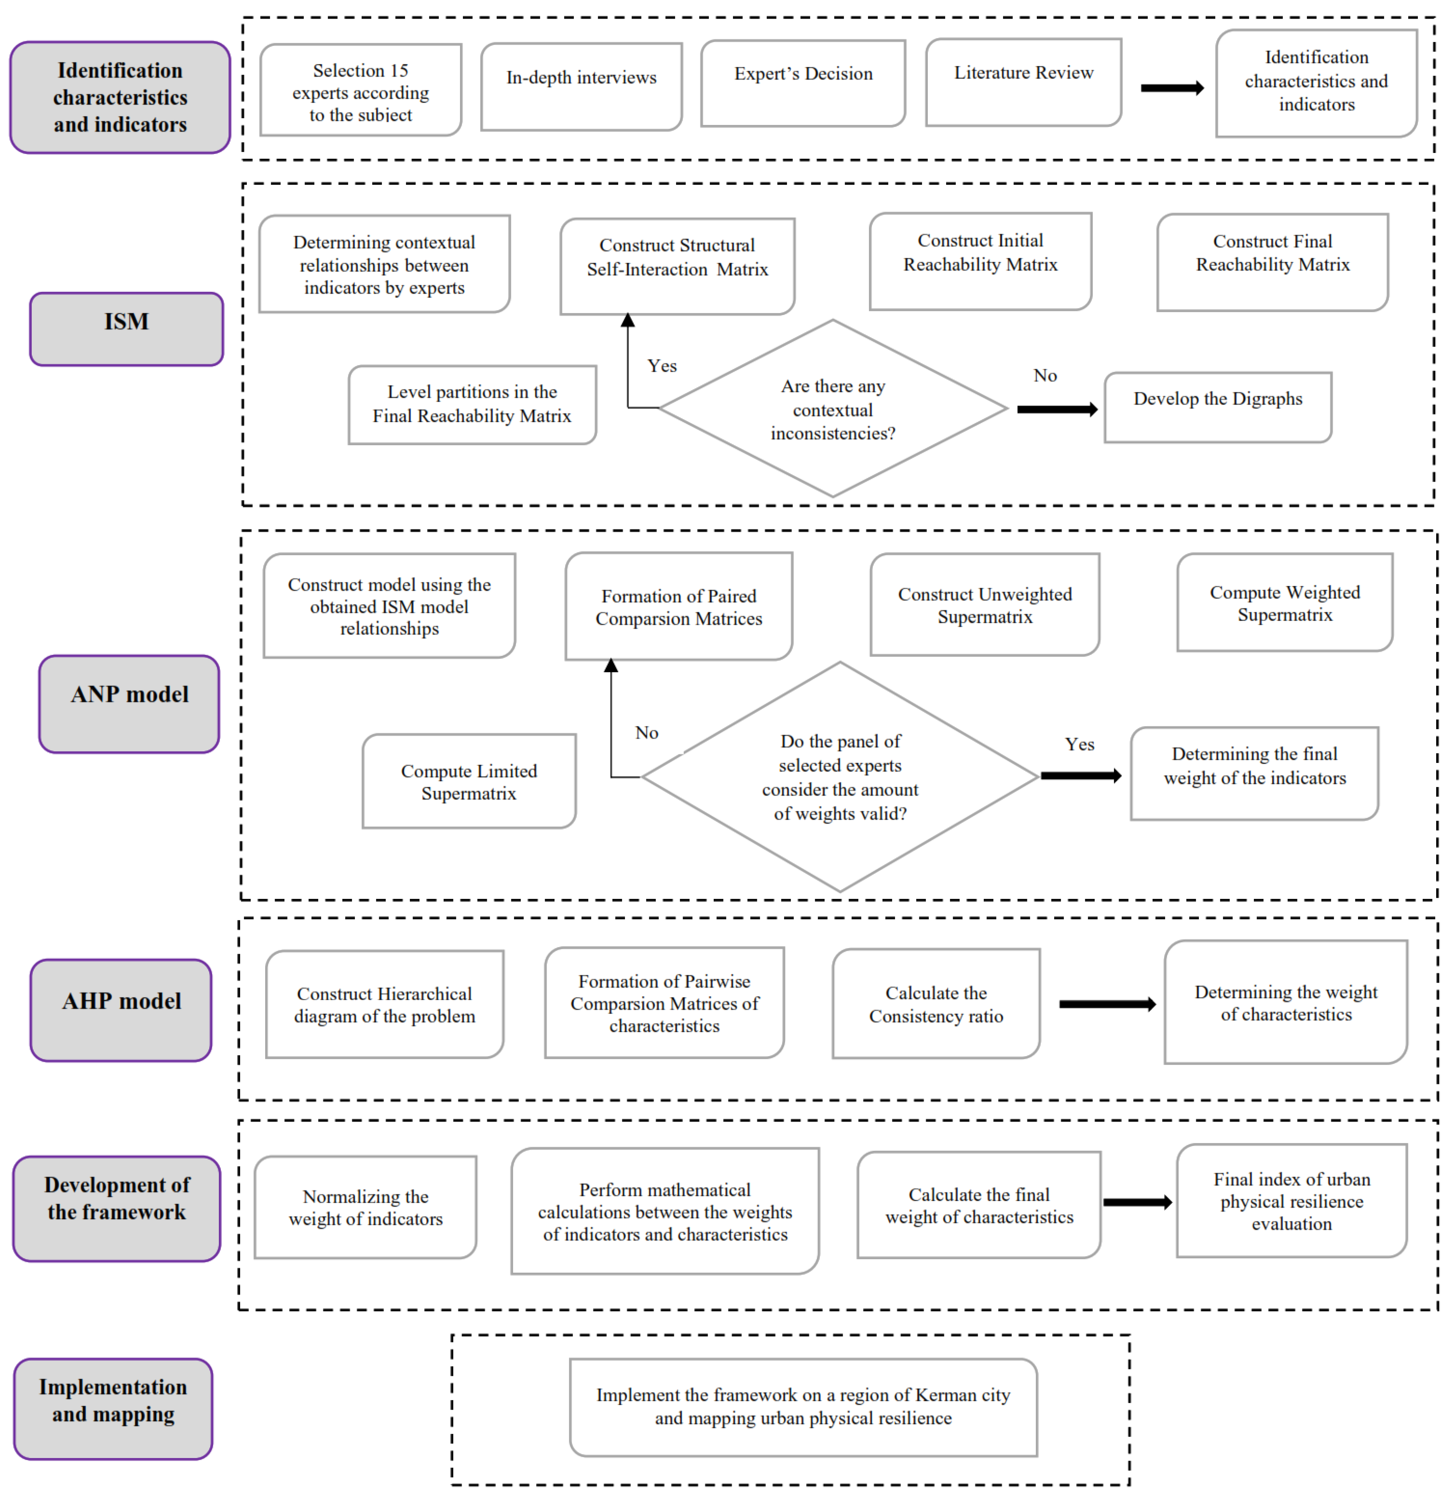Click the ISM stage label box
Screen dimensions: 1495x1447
point(127,329)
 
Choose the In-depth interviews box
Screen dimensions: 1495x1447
point(581,86)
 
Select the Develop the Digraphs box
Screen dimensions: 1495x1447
point(1218,407)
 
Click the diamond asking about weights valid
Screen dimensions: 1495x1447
point(840,777)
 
